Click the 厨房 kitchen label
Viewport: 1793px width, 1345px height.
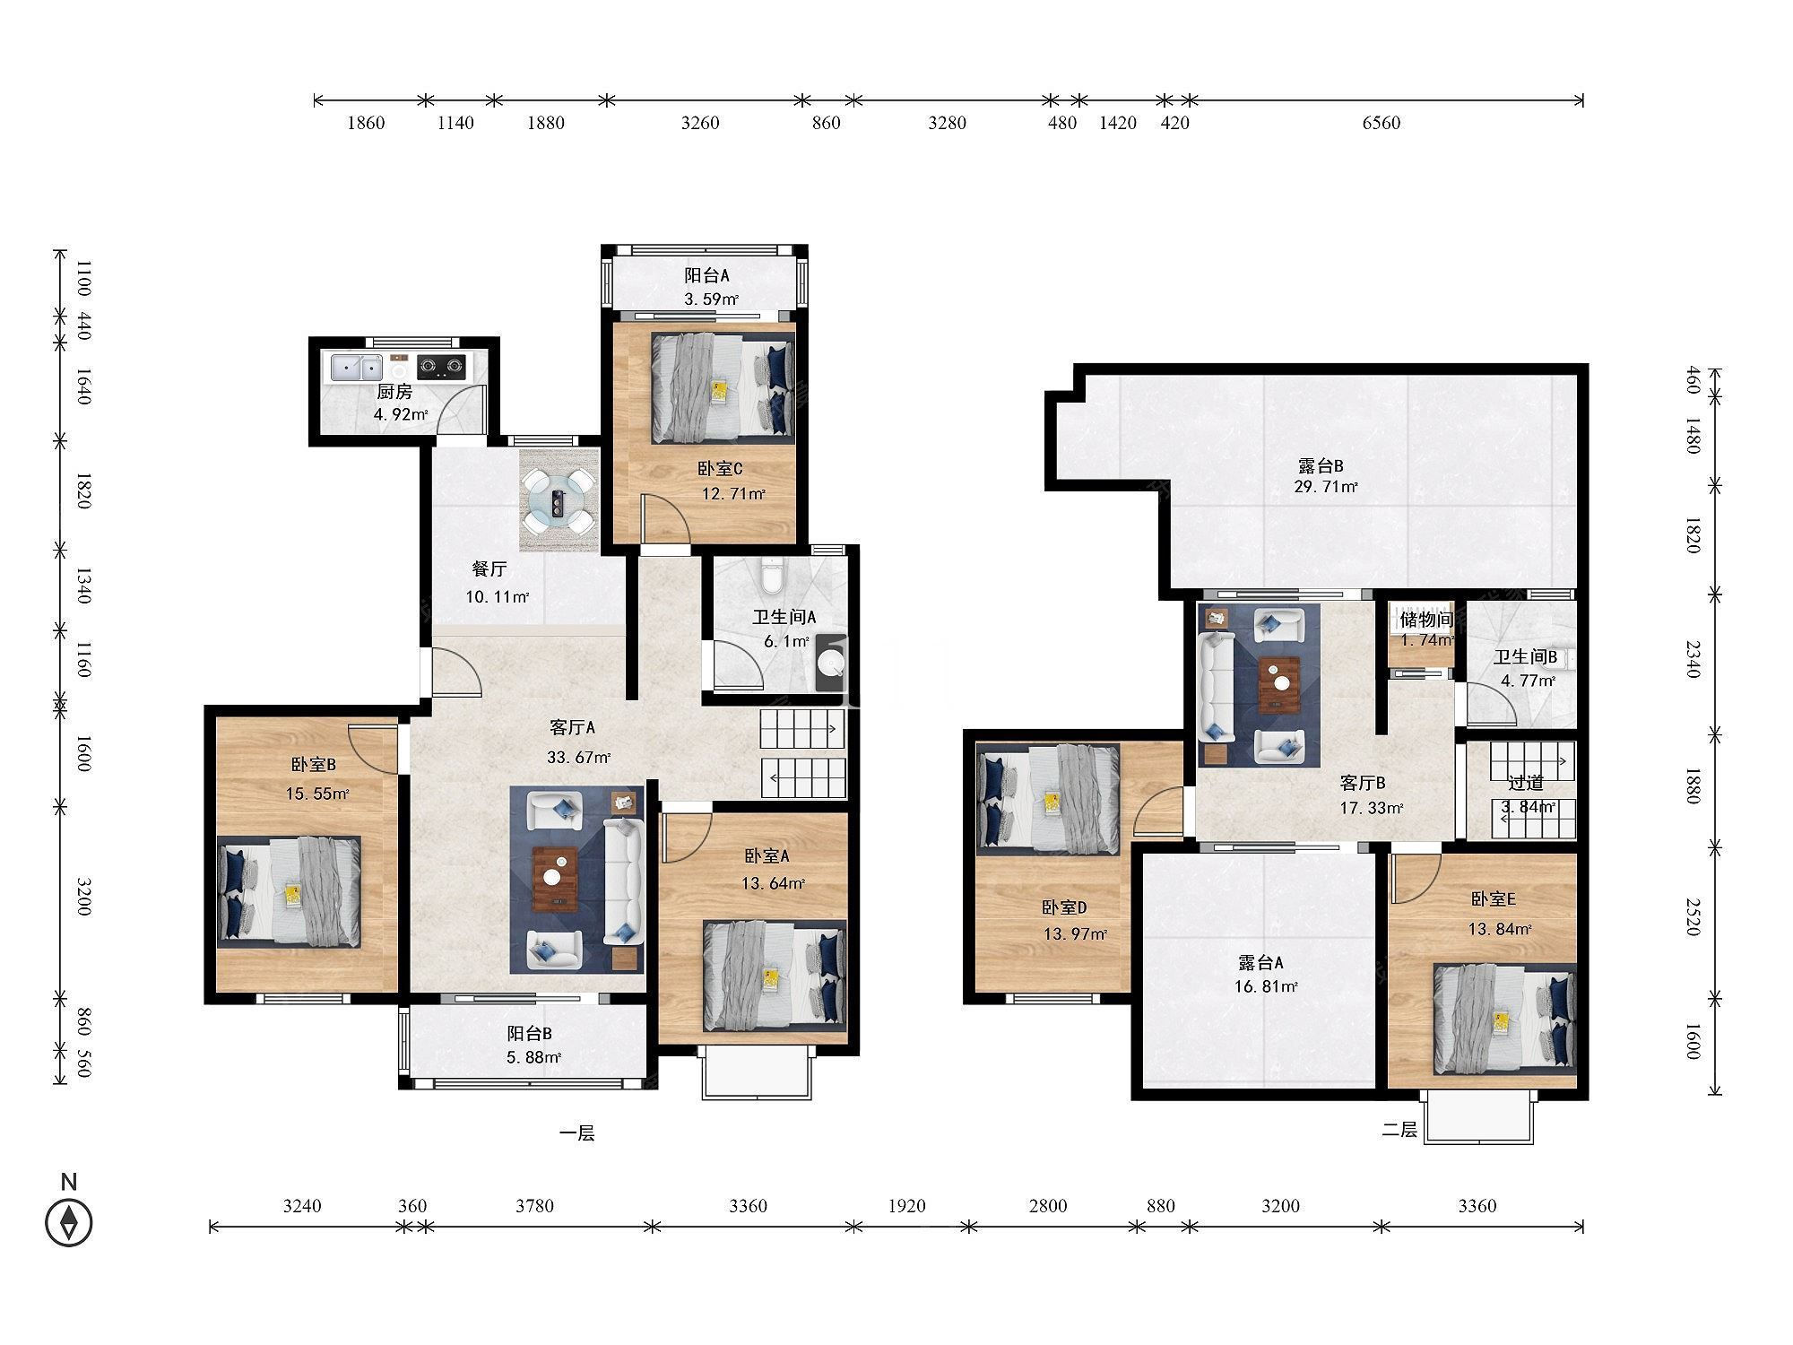(x=394, y=392)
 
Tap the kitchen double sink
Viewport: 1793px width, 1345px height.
(x=357, y=367)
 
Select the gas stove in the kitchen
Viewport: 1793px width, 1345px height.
(x=441, y=365)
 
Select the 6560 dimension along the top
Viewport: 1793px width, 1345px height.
(x=1381, y=123)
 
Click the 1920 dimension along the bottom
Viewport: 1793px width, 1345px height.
(x=906, y=1206)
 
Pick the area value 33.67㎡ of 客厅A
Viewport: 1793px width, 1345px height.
(x=578, y=757)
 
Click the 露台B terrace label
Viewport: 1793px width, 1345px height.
(x=1320, y=466)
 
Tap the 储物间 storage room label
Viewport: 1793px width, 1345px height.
(x=1425, y=619)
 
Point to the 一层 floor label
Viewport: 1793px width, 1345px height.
(x=576, y=1133)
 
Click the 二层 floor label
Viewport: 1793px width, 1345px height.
(x=1399, y=1130)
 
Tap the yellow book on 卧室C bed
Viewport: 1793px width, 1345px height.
(x=719, y=390)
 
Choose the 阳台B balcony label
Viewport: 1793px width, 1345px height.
(x=529, y=1033)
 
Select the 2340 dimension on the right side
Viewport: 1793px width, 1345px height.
(x=1692, y=659)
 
